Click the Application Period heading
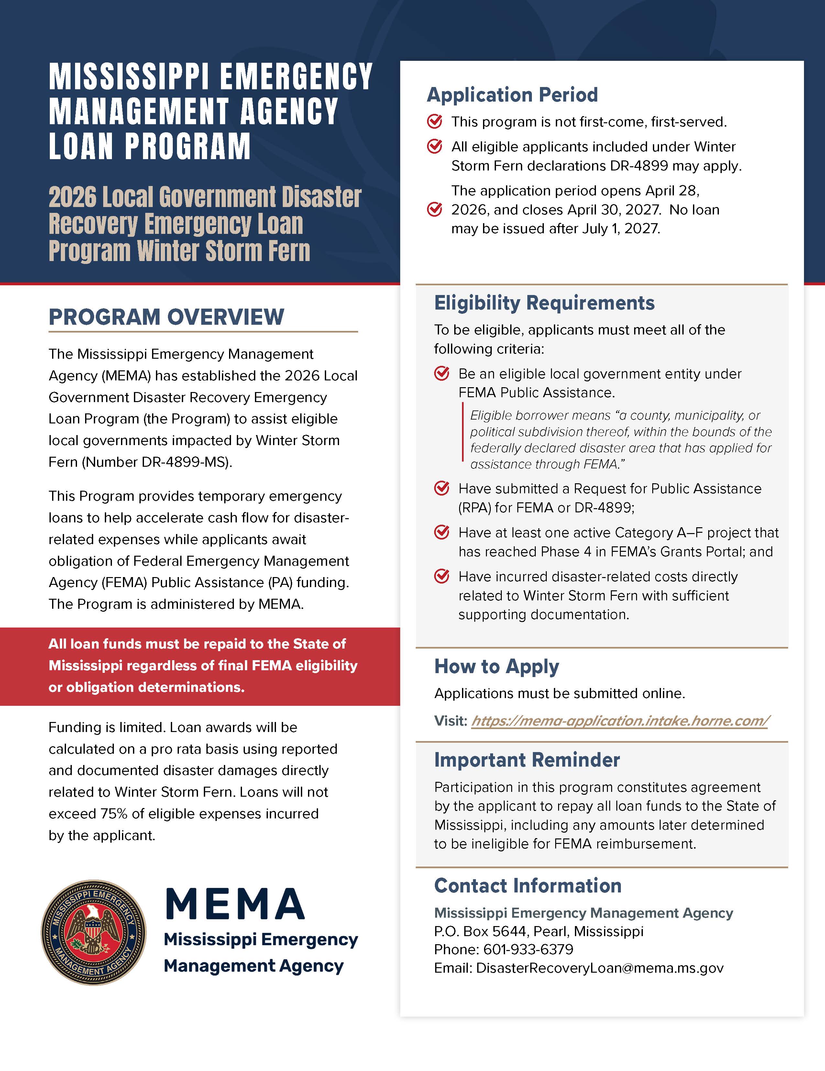(x=512, y=95)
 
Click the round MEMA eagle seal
(x=93, y=932)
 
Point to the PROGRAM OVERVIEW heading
(x=166, y=317)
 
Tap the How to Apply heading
(x=496, y=666)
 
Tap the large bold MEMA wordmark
(x=235, y=903)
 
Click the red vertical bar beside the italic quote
(x=463, y=432)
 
